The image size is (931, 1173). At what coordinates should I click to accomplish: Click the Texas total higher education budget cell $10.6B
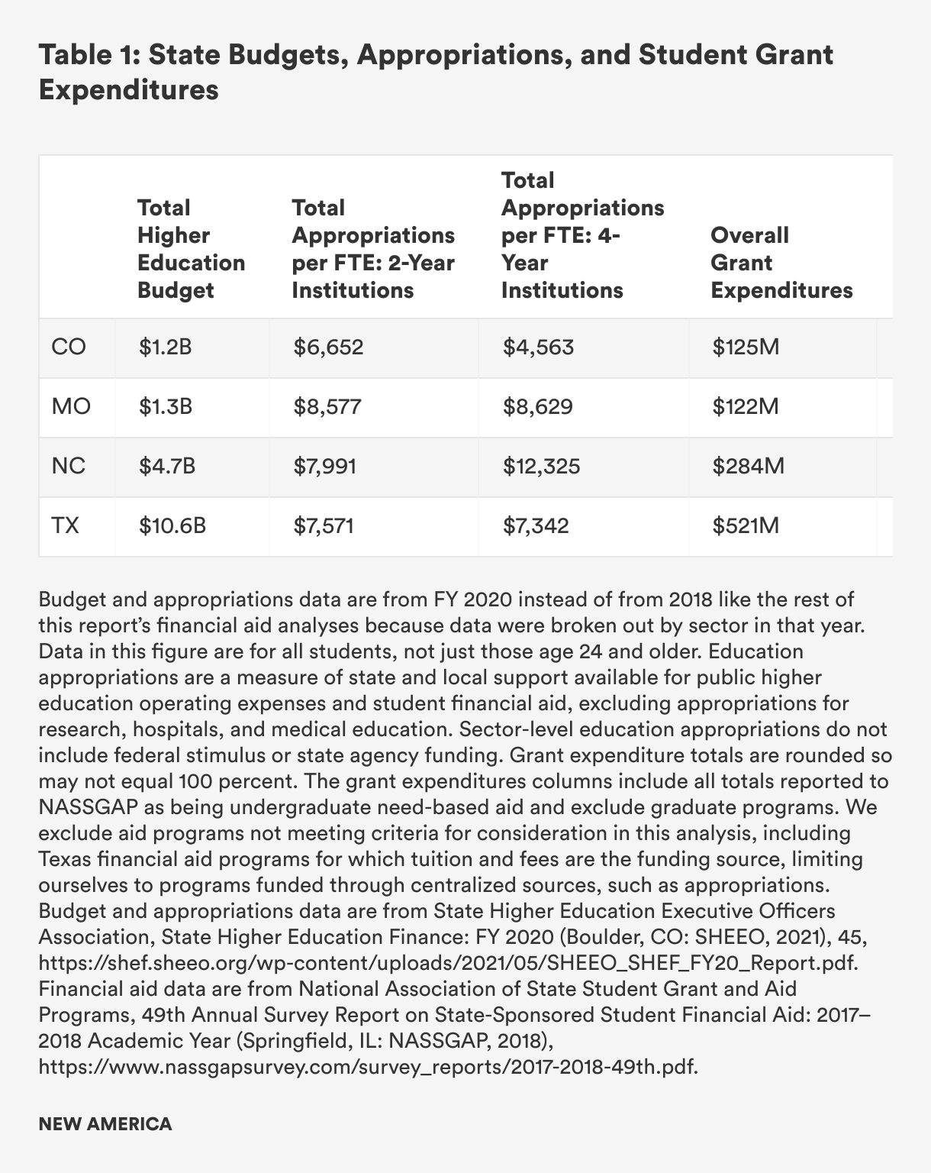[172, 526]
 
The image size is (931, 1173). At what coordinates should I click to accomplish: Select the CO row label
[69, 347]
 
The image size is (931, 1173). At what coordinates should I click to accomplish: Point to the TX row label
[65, 526]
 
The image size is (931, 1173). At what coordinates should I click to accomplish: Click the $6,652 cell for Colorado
[329, 347]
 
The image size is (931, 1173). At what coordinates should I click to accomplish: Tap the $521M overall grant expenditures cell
[746, 526]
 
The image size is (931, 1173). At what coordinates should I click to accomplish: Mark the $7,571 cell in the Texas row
[324, 526]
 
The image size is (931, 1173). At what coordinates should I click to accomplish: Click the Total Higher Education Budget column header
[191, 249]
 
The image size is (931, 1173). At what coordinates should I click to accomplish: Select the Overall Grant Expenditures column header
[781, 263]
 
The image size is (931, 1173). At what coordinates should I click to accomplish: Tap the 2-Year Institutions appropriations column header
[373, 249]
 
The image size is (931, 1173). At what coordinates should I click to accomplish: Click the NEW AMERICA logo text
[105, 1124]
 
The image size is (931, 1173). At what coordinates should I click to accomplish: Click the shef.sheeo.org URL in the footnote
[449, 962]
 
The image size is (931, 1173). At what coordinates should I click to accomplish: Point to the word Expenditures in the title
[129, 90]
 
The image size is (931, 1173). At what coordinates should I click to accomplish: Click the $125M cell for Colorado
[746, 347]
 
